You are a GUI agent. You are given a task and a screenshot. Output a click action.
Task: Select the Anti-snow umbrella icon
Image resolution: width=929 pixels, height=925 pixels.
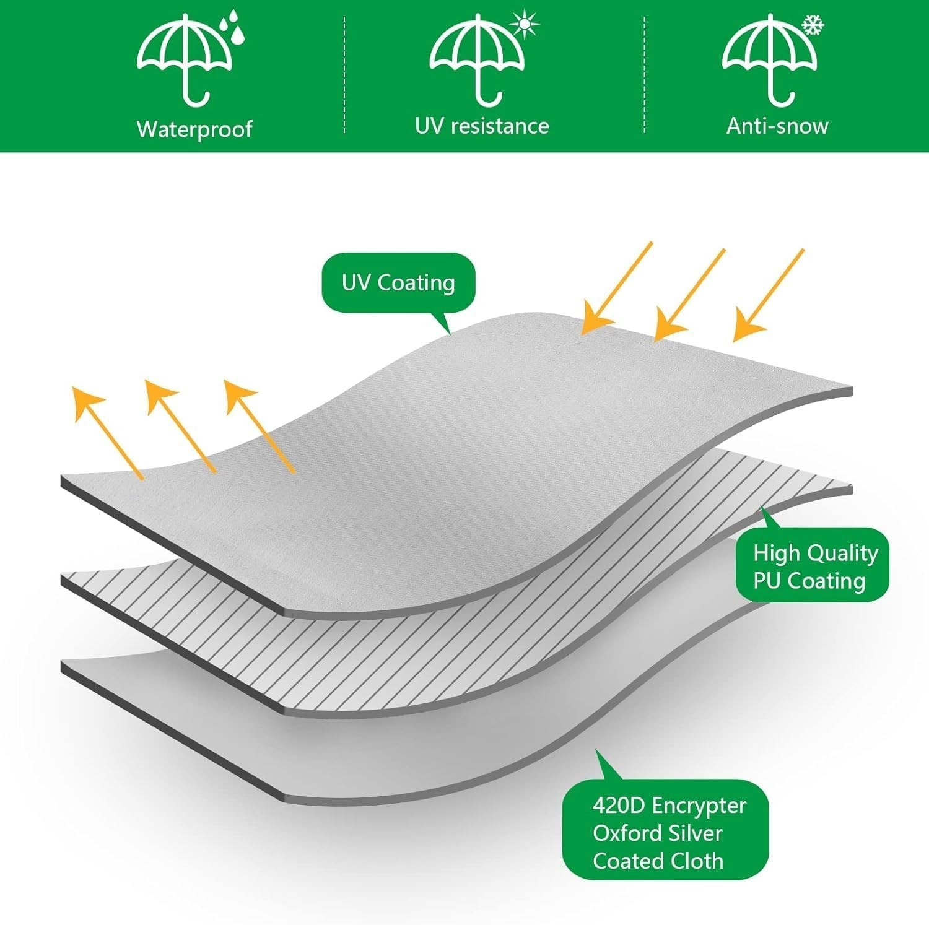point(769,59)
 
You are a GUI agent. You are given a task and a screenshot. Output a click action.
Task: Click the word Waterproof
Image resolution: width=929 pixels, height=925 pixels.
point(194,129)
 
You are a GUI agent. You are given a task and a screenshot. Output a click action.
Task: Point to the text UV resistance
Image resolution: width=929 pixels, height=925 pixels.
point(482,126)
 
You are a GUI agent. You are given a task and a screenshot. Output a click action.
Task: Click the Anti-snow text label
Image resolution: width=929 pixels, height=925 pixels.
point(777,126)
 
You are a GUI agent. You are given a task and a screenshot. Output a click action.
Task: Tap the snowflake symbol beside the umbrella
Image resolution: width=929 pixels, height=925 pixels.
point(813,25)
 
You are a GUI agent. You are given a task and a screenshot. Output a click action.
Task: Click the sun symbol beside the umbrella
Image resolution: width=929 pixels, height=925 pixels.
point(525,24)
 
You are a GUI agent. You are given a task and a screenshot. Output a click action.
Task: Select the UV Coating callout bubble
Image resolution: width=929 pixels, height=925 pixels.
point(398,282)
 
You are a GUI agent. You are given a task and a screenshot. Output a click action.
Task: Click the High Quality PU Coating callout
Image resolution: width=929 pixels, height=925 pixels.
point(813,565)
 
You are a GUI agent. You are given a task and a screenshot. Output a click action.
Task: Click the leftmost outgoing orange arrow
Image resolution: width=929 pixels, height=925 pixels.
point(107,432)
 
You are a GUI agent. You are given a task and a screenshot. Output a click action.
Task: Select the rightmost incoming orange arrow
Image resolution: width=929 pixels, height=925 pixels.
point(769,294)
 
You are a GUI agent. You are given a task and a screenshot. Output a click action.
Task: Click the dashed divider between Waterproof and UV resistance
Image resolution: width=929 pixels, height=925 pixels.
point(344,74)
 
